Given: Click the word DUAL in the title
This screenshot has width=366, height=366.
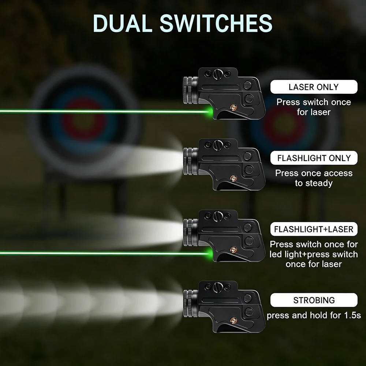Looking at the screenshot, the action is (x=123, y=23).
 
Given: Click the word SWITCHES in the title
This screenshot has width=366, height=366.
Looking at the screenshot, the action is (x=216, y=23).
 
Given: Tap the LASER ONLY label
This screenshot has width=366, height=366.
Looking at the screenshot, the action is (x=314, y=87).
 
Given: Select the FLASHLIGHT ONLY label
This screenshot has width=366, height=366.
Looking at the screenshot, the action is (x=314, y=158).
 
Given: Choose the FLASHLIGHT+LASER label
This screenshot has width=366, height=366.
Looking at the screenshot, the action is (x=314, y=229).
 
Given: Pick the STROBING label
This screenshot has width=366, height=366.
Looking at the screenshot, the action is (x=314, y=300).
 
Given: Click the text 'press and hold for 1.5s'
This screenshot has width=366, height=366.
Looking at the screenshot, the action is (x=314, y=315).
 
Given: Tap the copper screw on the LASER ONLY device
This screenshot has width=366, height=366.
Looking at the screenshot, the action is (x=233, y=107).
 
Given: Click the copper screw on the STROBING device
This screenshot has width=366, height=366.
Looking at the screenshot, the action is (x=233, y=320).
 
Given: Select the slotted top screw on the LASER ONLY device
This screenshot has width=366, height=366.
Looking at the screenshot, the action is (x=218, y=74).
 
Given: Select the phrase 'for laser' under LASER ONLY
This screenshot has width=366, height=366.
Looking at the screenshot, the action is (x=314, y=112).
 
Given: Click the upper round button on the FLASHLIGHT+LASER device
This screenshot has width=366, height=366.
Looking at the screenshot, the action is (x=247, y=227).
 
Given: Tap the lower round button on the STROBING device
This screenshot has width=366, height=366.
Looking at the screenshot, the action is (x=249, y=312).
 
